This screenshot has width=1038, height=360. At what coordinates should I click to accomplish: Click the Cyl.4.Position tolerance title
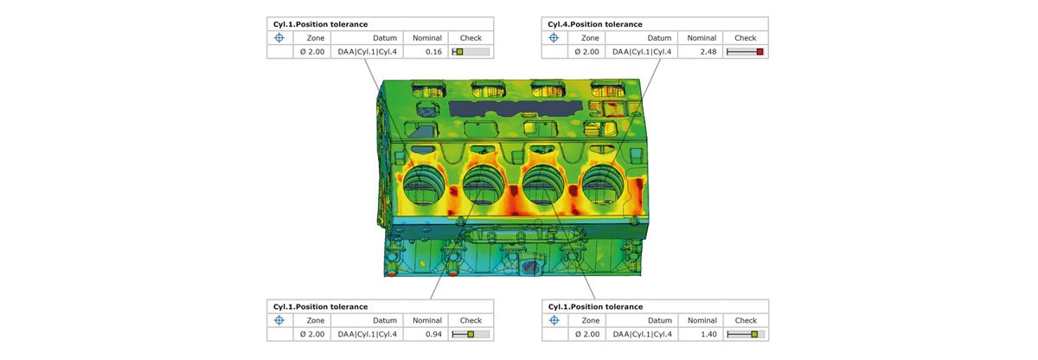(x=594, y=24)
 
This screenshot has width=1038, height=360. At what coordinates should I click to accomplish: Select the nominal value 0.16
(x=433, y=52)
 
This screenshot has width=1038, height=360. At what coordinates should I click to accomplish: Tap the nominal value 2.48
(x=708, y=52)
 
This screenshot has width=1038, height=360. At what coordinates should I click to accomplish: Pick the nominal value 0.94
(x=433, y=334)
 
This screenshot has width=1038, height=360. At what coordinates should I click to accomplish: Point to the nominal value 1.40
(x=708, y=334)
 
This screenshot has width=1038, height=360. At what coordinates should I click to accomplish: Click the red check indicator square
(x=759, y=52)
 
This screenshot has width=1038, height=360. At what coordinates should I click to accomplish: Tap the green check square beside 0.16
(x=459, y=52)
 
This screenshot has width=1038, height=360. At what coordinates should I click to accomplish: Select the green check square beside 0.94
(x=471, y=334)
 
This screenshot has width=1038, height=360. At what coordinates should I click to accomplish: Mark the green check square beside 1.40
(x=754, y=334)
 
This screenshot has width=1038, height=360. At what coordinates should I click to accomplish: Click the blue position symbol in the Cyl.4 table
(x=554, y=38)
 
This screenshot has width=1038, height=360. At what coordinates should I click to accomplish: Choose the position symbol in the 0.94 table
(x=279, y=320)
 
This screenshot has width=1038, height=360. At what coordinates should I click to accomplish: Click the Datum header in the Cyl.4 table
(x=659, y=38)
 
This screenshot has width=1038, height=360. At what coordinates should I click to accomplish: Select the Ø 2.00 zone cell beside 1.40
(x=587, y=334)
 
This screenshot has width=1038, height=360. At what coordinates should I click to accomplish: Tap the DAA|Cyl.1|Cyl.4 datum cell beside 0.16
(x=367, y=52)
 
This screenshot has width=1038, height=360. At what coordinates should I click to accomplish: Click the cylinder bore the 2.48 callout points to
(x=603, y=185)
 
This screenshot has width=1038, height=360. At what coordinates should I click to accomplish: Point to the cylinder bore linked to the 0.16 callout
(x=424, y=185)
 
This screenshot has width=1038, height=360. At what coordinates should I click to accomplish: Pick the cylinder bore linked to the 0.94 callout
(x=484, y=185)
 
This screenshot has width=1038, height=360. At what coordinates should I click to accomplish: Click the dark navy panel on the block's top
(x=516, y=108)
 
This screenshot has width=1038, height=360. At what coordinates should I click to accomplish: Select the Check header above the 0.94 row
(x=471, y=320)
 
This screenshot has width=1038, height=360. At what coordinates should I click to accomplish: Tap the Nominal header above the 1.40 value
(x=702, y=320)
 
